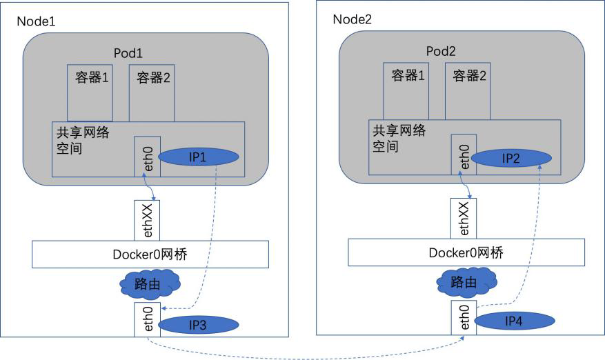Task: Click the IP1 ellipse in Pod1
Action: coord(199,158)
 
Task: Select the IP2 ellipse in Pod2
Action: coord(511,158)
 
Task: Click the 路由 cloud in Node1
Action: coord(149,283)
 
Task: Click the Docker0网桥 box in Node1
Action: coord(150,254)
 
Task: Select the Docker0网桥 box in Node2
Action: coord(466,253)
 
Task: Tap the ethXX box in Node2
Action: coord(463,219)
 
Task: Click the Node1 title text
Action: coord(36,21)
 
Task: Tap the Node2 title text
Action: coord(352,19)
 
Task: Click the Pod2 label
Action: coord(442,50)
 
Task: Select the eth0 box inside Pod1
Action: coord(148,157)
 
